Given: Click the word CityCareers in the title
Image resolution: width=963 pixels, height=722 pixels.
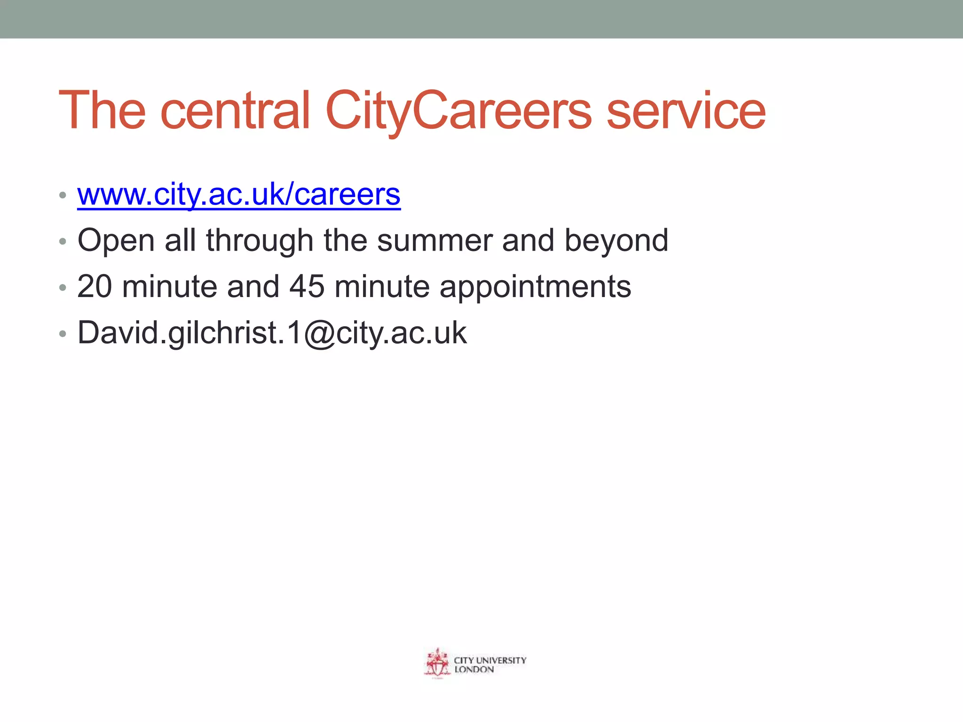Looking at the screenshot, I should (x=458, y=111).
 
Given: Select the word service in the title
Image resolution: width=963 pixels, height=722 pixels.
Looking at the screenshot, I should (x=686, y=111).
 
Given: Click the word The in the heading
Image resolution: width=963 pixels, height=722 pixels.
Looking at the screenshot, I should (x=102, y=111).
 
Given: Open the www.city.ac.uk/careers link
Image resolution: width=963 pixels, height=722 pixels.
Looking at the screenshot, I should (x=239, y=194).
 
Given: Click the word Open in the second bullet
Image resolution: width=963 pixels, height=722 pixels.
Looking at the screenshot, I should (x=116, y=241).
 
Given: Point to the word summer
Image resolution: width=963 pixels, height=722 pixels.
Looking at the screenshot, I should (x=434, y=241).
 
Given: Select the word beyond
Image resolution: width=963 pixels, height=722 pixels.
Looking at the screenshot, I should (x=616, y=241).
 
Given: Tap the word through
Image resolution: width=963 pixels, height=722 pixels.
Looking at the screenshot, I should (x=260, y=241).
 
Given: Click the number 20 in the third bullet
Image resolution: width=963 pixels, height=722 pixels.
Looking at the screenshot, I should (x=95, y=286).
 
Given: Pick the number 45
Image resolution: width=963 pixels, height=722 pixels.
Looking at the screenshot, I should (x=307, y=286).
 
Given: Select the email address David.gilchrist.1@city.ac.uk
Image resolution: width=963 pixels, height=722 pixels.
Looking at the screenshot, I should (x=272, y=333).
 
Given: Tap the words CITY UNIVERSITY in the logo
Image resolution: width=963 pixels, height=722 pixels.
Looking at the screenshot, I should (x=490, y=660).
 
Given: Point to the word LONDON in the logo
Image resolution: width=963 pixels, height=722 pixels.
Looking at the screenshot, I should (x=474, y=669).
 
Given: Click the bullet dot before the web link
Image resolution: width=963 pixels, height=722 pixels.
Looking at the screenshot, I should (x=63, y=195).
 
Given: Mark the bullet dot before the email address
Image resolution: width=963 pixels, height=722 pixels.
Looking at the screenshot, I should (x=63, y=334).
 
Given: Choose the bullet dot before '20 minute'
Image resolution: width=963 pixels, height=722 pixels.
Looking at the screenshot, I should (x=63, y=287).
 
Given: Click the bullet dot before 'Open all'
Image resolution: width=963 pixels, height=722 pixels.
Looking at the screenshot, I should (x=63, y=242).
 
